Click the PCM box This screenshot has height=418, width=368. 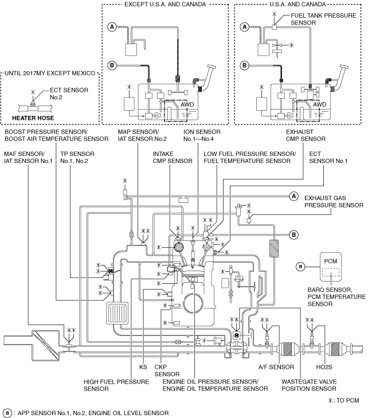[330, 267]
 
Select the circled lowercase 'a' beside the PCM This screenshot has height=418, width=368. [300, 266]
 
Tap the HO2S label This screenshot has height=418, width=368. [324, 367]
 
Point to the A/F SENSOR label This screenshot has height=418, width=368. [276, 367]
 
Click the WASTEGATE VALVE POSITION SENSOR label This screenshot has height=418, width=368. [309, 385]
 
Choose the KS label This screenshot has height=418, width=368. [143, 367]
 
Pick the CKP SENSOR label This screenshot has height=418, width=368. [167, 370]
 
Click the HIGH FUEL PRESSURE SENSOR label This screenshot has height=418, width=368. [116, 385]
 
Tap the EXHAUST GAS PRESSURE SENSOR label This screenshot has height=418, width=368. [334, 201]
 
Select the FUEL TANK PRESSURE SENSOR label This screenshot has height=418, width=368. [323, 19]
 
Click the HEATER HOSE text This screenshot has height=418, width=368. [33, 118]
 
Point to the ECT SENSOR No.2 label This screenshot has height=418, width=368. [69, 93]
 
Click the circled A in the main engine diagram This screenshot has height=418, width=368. [293, 197]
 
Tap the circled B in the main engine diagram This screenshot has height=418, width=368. [293, 235]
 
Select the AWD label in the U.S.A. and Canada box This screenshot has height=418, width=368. [319, 104]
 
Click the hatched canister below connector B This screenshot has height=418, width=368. [274, 248]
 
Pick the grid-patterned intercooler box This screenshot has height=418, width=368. [118, 314]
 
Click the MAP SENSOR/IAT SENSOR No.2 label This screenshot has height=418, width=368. [142, 135]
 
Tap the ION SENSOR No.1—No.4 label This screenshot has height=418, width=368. [202, 135]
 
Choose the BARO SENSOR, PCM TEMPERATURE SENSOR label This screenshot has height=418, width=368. [336, 296]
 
